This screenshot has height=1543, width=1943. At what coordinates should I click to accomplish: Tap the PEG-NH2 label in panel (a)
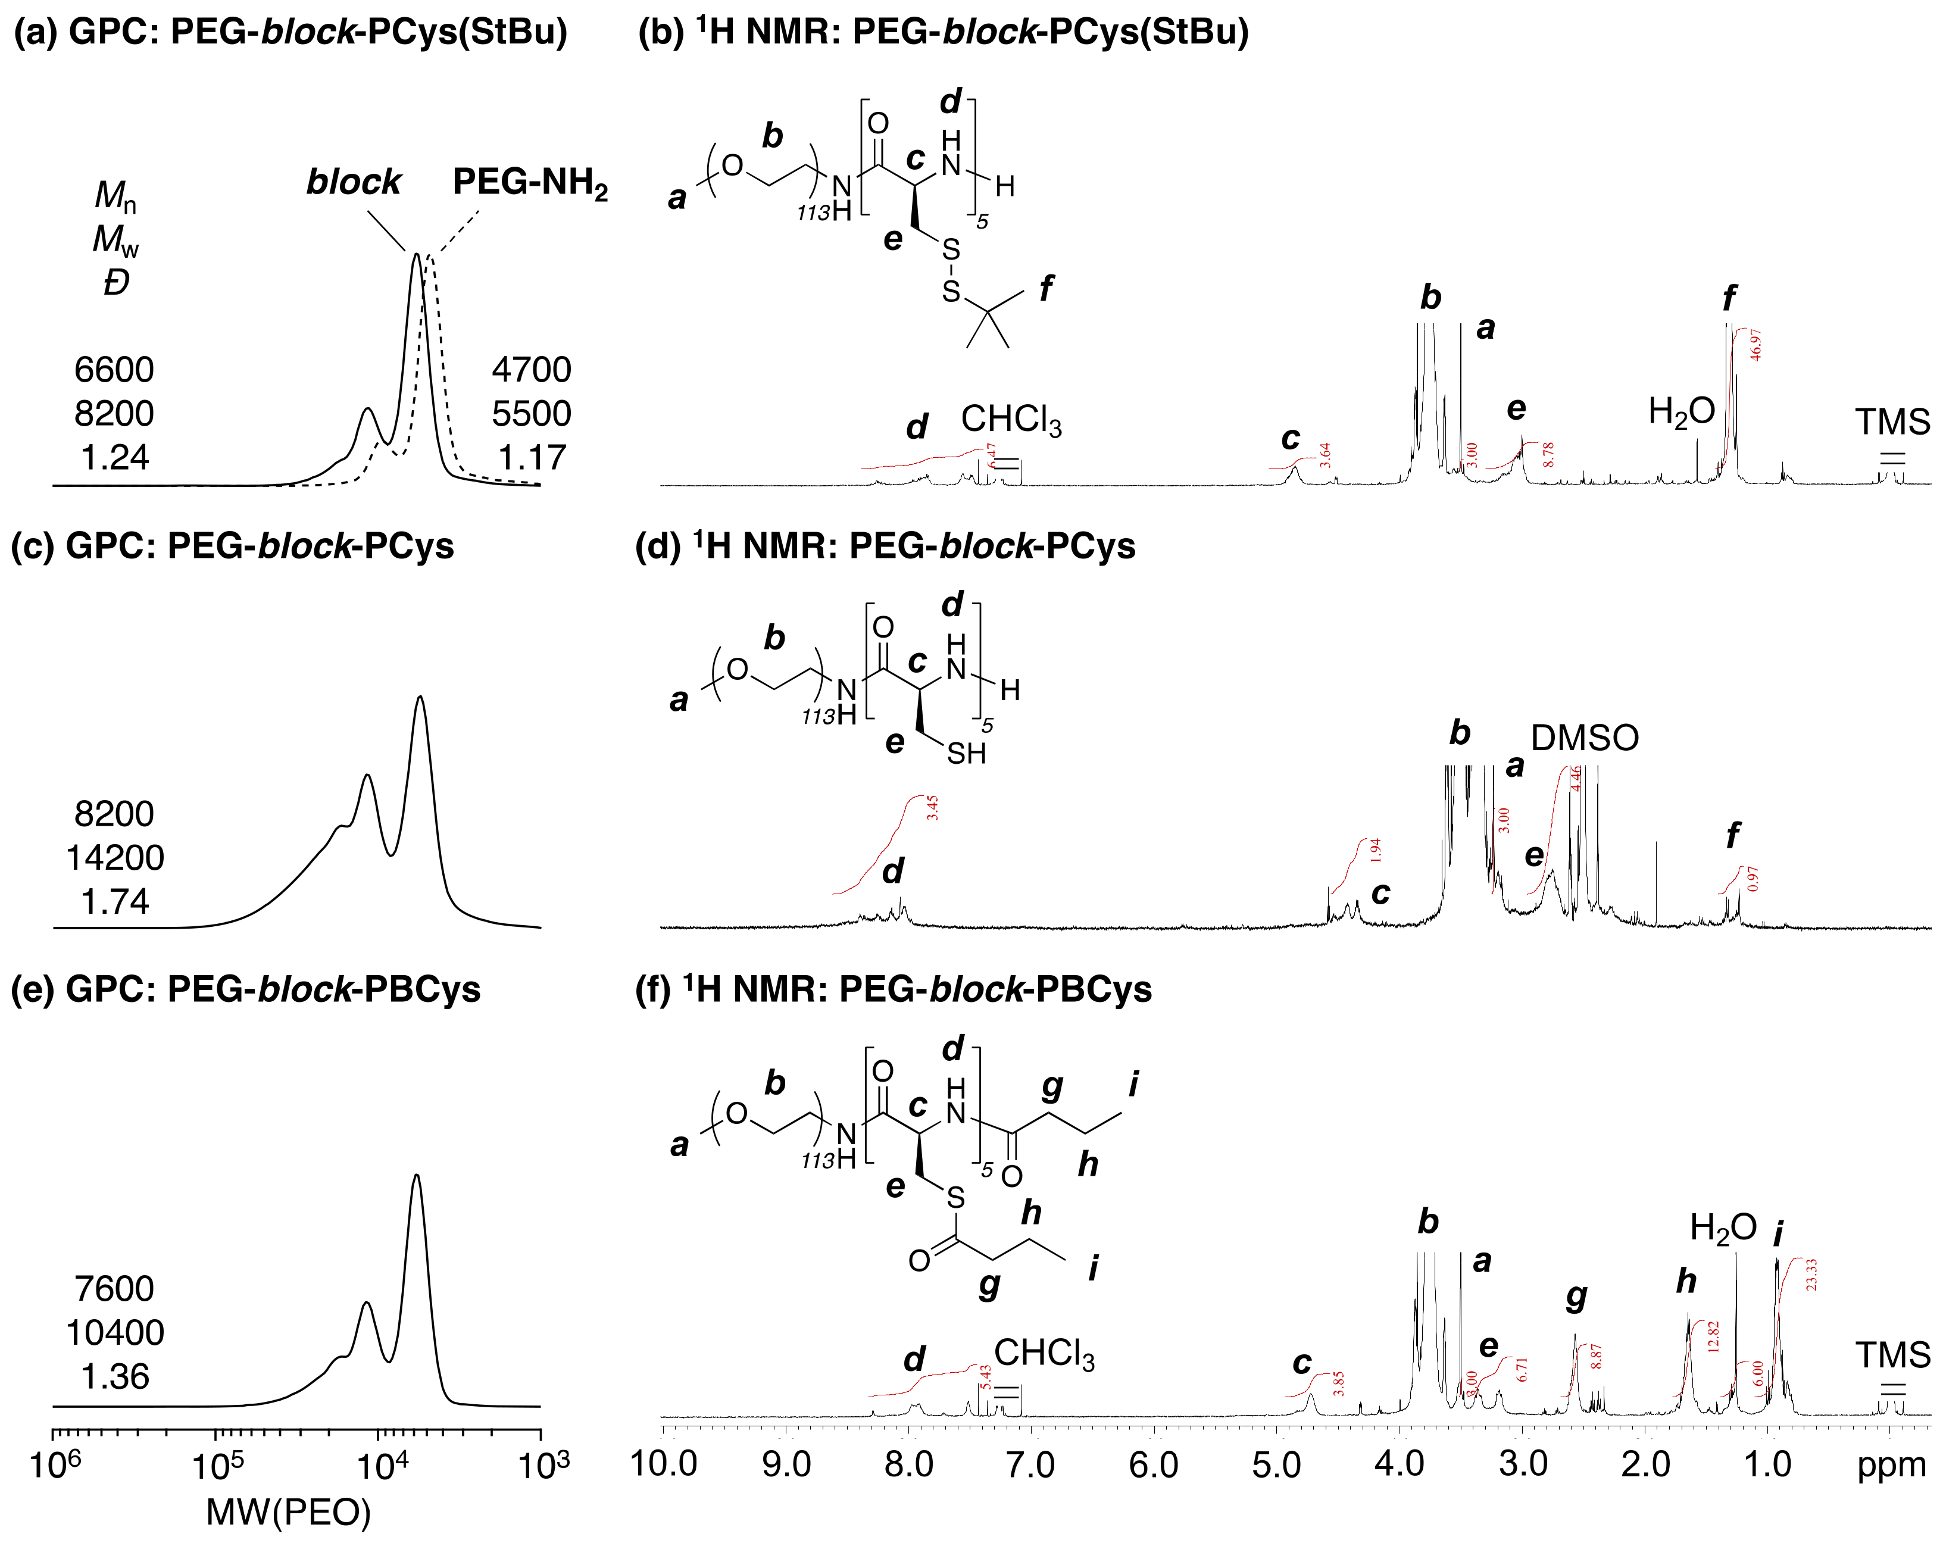pos(530,183)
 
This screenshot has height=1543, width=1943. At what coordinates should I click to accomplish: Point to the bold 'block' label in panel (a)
pos(353,182)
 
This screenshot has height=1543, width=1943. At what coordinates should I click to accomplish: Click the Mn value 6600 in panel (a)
pos(114,370)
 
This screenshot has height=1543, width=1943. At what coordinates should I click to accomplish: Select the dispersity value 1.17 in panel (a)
pos(532,458)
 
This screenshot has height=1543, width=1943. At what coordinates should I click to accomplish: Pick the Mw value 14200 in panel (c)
pos(114,858)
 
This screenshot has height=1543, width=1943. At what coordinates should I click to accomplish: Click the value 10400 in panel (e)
pos(114,1333)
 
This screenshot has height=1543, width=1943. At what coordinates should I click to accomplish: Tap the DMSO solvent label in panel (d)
pos(1584,738)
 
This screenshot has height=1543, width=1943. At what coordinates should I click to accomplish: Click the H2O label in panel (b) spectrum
pos(1680,412)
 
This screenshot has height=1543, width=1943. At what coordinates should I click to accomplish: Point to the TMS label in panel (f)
pos(1892,1355)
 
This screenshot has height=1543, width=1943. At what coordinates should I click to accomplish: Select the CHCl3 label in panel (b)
pos(1011,420)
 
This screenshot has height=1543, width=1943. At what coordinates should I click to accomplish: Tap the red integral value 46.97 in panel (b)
pos(1755,345)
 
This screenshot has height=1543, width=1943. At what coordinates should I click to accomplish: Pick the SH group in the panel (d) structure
pos(966,754)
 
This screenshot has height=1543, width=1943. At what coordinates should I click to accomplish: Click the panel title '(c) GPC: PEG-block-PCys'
pos(233,546)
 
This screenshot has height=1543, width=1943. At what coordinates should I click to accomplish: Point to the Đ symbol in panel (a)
pos(116,283)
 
